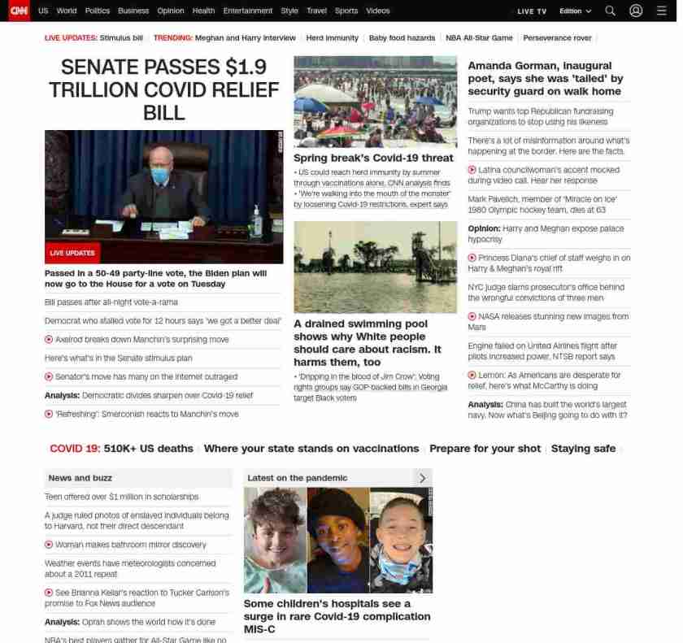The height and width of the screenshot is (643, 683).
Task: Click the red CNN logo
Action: click(18, 11)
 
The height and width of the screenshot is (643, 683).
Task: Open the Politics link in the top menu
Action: click(97, 11)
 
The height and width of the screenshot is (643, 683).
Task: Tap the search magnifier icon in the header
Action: click(610, 11)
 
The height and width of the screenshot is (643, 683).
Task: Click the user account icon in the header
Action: click(636, 11)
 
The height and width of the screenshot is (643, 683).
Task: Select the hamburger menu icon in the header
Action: click(662, 11)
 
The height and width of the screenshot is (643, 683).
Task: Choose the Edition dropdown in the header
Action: click(575, 11)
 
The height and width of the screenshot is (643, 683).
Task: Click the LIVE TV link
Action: click(532, 11)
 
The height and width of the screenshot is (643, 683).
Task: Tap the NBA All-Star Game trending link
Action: click(479, 38)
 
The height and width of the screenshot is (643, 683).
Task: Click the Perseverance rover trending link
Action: click(557, 38)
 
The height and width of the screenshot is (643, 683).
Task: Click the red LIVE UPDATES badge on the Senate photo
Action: click(72, 253)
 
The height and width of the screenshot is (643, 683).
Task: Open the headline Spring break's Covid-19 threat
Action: click(373, 158)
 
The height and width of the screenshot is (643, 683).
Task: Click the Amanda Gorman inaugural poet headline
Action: click(545, 78)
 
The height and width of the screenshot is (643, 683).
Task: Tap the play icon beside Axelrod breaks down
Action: click(49, 339)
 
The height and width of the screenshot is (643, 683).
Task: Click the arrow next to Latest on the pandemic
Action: click(422, 478)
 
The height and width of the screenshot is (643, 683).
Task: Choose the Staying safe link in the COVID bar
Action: click(583, 448)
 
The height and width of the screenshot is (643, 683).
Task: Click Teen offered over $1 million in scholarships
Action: click(121, 497)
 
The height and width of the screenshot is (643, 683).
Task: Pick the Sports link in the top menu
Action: click(346, 11)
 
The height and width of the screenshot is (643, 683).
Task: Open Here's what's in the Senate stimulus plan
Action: click(118, 358)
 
